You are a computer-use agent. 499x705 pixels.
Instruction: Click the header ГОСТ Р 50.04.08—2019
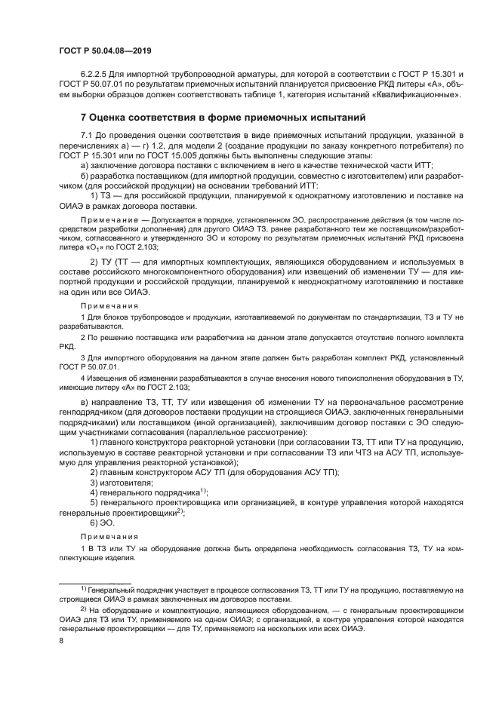coord(100,49)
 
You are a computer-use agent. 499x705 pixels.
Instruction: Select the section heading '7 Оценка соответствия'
coord(223,118)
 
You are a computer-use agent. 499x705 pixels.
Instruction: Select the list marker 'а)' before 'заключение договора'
coord(85,164)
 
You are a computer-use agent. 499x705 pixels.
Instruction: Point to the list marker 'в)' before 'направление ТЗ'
coord(85,396)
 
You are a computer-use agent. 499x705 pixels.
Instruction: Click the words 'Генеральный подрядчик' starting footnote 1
coord(129,588)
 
